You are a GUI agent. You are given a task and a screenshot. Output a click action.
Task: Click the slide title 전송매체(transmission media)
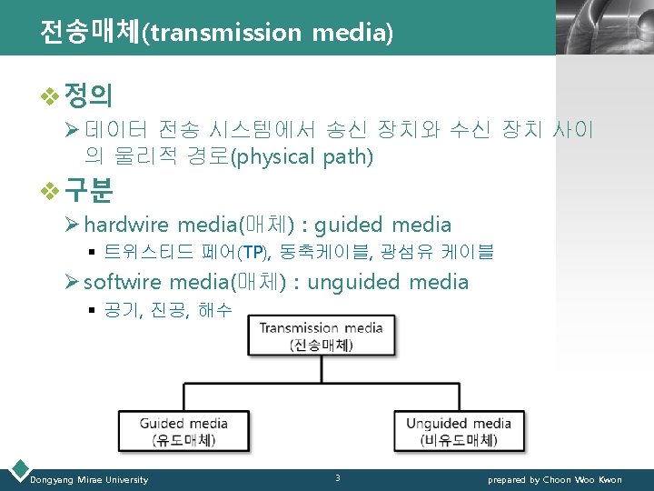coord(216,32)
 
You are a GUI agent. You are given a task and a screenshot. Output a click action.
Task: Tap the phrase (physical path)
coord(302,157)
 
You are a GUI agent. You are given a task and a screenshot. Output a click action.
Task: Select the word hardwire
coord(126,225)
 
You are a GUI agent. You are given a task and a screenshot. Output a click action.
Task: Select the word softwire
coord(123,282)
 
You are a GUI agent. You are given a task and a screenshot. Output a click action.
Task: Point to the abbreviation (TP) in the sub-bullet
coord(254,252)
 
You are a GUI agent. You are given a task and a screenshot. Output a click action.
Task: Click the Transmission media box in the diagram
coord(322,336)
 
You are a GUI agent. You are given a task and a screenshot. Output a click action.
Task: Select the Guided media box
coord(183,430)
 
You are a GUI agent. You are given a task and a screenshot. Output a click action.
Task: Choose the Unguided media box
coord(459,430)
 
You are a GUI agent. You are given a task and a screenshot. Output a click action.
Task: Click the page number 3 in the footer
coord(337,478)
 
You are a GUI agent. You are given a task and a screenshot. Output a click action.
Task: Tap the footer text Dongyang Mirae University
coord(89,479)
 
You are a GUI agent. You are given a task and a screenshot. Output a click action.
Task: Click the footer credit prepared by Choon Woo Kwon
coord(555,479)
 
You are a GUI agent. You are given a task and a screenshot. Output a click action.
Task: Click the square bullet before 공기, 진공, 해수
coord(92,311)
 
